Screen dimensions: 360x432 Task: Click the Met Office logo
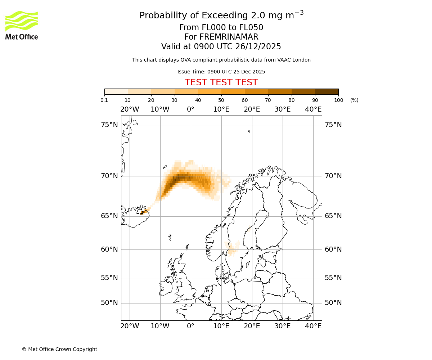click(x=22, y=25)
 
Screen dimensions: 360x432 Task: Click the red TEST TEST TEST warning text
click(x=221, y=82)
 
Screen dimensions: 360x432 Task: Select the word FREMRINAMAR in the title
click(x=229, y=37)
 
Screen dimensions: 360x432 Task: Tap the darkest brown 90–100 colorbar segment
click(x=327, y=91)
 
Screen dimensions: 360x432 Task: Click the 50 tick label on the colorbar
click(x=221, y=100)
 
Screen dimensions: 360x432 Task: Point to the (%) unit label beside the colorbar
click(x=354, y=100)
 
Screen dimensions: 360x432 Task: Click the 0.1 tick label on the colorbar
click(x=104, y=100)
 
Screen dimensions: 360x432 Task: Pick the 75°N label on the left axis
click(x=109, y=125)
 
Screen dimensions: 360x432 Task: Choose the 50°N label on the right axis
click(x=333, y=303)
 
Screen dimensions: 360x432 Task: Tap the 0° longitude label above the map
click(x=190, y=109)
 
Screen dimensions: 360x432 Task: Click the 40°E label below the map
click(x=313, y=326)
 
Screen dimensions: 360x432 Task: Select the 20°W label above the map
click(x=130, y=109)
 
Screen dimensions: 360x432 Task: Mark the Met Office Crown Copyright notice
click(x=59, y=349)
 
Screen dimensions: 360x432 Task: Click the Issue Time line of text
click(x=221, y=72)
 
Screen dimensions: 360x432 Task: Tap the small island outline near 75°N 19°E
click(x=249, y=131)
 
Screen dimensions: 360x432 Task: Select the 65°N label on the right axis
click(x=333, y=216)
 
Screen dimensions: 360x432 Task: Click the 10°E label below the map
click(x=221, y=326)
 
